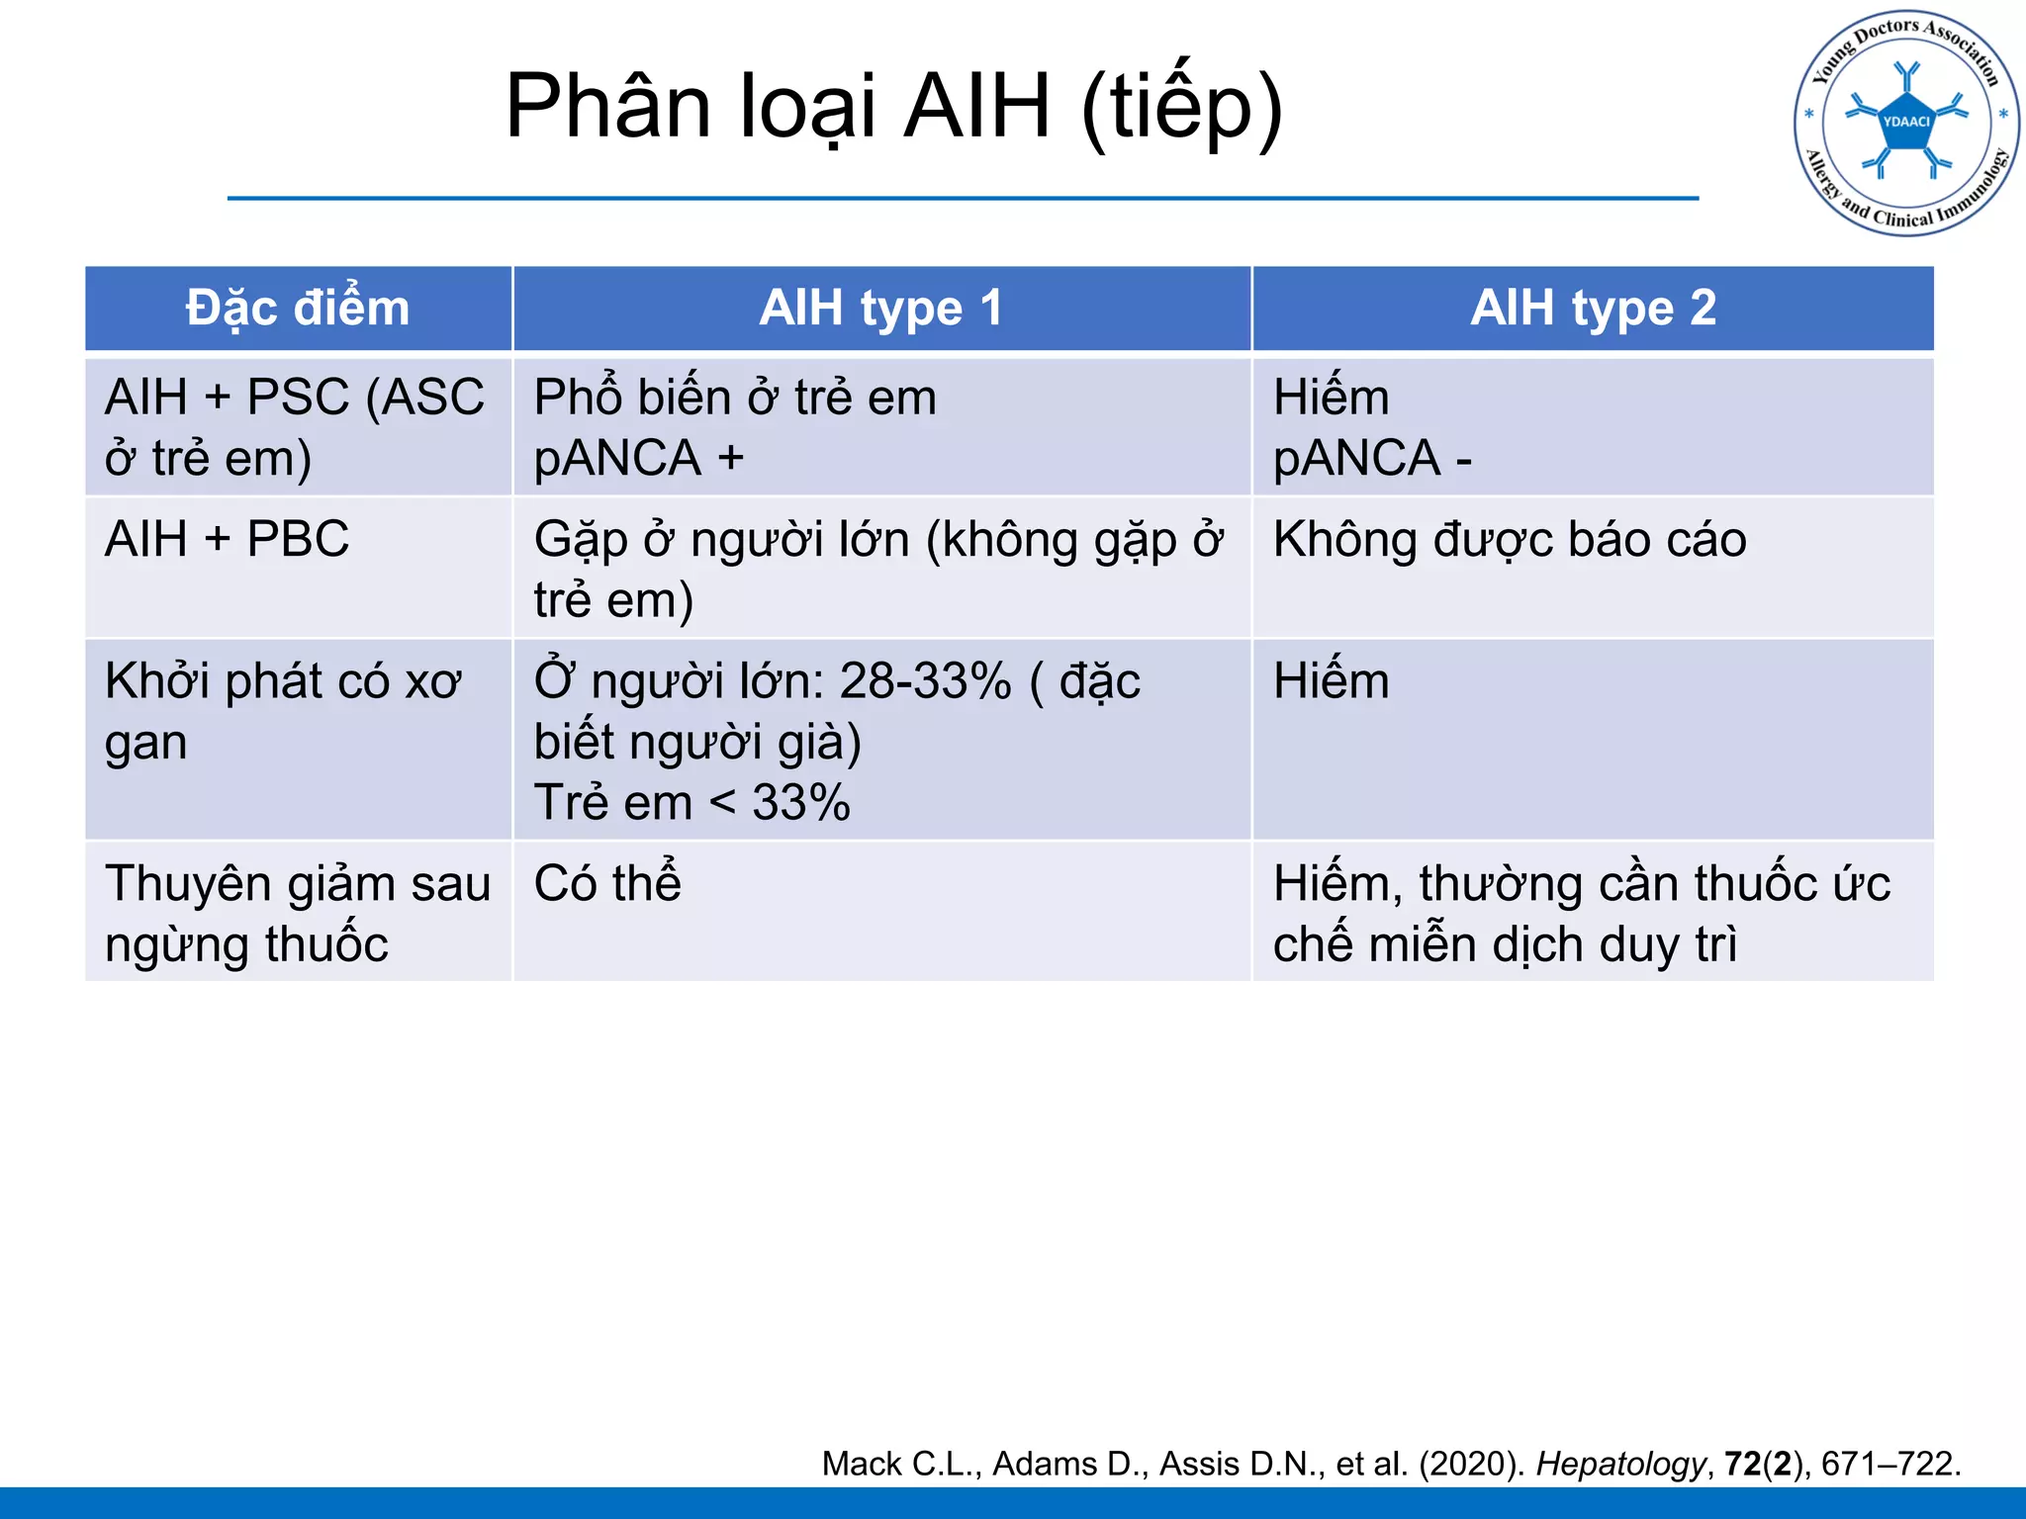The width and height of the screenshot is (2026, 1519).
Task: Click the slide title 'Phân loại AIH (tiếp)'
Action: click(x=893, y=107)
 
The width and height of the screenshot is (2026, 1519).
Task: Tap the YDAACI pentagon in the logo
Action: click(x=1906, y=123)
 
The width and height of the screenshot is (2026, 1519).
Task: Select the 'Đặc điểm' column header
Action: click(x=298, y=308)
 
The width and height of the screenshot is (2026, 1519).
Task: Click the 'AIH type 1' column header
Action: click(x=880, y=308)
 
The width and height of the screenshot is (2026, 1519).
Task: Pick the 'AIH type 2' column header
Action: click(x=1593, y=308)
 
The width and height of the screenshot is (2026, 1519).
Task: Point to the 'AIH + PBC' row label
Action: click(x=227, y=540)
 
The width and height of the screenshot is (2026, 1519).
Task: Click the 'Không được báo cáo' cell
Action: click(x=1510, y=540)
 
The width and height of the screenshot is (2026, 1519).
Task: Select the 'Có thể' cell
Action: click(x=607, y=883)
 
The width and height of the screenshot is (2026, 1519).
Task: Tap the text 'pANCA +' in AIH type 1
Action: click(x=638, y=458)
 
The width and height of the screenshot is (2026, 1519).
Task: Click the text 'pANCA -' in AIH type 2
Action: click(x=1372, y=458)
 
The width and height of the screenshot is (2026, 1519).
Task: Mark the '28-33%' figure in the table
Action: click(x=925, y=681)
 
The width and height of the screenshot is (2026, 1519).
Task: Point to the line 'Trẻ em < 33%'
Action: click(x=691, y=802)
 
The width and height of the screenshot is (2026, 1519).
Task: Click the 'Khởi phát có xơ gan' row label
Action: click(x=282, y=710)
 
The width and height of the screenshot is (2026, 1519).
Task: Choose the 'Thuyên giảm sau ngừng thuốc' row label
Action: click(x=297, y=913)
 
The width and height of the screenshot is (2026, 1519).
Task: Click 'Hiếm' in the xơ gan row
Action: click(x=1331, y=681)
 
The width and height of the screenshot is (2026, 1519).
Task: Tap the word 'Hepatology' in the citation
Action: click(x=1620, y=1464)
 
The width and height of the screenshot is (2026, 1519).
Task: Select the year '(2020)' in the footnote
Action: click(x=1471, y=1464)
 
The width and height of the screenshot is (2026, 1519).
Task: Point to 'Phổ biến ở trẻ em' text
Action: click(x=735, y=398)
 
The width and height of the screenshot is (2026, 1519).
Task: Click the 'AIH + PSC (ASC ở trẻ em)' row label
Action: click(x=294, y=427)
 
